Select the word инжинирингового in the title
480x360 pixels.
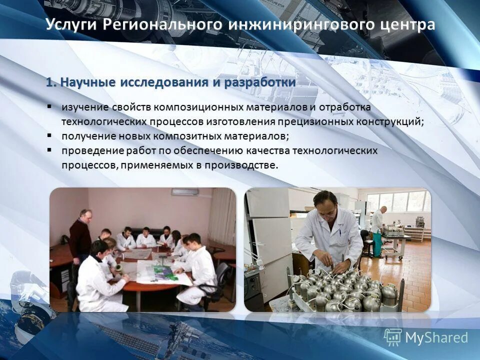(296, 25)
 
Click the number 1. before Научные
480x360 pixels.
(52, 82)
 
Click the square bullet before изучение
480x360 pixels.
(50, 107)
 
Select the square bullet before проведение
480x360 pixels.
(50, 150)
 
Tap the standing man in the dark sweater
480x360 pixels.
(81, 235)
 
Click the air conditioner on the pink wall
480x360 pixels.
(184, 192)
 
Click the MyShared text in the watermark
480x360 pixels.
(436, 337)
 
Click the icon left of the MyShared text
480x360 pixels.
(393, 337)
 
